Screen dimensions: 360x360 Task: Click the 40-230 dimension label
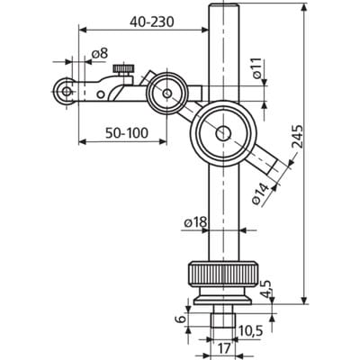pyautogui.click(x=151, y=22)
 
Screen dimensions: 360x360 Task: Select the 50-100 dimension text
pyautogui.click(x=127, y=132)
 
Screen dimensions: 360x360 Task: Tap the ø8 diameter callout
pyautogui.click(x=99, y=54)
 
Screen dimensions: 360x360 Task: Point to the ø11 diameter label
pyautogui.click(x=257, y=68)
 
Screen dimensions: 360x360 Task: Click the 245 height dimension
pyautogui.click(x=297, y=137)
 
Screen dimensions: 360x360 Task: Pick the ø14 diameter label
pyautogui.click(x=260, y=193)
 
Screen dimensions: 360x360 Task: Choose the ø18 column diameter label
pyautogui.click(x=195, y=222)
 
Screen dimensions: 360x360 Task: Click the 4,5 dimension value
pyautogui.click(x=265, y=289)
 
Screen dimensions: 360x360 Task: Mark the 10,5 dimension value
pyautogui.click(x=250, y=331)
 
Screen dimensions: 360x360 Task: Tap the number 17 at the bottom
pyautogui.click(x=224, y=348)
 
